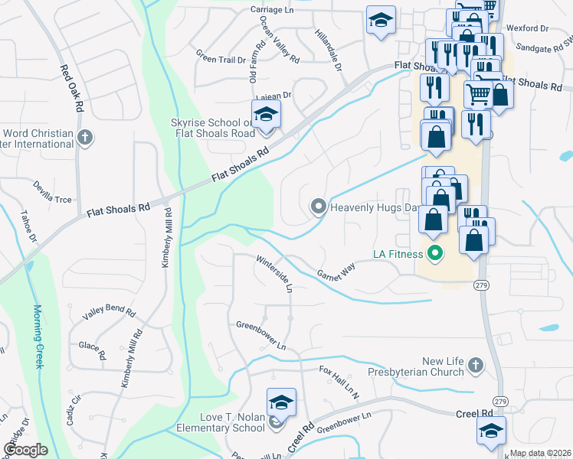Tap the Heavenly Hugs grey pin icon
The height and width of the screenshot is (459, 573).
318,206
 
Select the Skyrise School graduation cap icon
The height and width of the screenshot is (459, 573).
266,115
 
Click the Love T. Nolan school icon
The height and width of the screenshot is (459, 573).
281,402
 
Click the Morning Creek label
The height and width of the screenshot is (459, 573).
38,337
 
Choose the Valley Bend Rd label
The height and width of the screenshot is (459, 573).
109,314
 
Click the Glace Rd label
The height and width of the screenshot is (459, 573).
91,350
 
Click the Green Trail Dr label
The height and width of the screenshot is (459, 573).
220,57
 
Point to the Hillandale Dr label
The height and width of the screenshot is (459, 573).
327,47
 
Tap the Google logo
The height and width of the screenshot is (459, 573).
25,450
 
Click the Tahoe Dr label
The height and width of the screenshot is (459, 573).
28,226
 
